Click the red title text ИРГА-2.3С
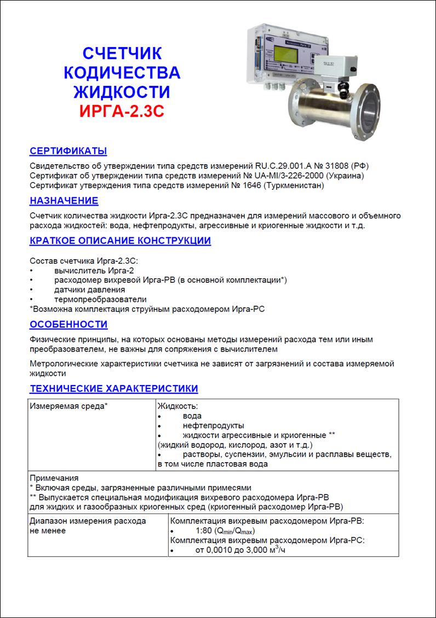(x=122, y=109)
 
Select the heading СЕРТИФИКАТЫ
(x=68, y=151)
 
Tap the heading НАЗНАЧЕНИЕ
(x=64, y=201)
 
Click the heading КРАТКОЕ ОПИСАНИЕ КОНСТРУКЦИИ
(x=120, y=241)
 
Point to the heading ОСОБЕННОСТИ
(x=68, y=324)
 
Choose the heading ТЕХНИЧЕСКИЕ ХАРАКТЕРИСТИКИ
(x=113, y=389)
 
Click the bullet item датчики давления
(x=89, y=289)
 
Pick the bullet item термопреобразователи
(x=100, y=299)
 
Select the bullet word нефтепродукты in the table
(x=214, y=425)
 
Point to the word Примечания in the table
(x=54, y=478)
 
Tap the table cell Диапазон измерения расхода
(x=88, y=521)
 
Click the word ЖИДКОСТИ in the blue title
(x=122, y=90)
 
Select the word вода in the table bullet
(x=192, y=416)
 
